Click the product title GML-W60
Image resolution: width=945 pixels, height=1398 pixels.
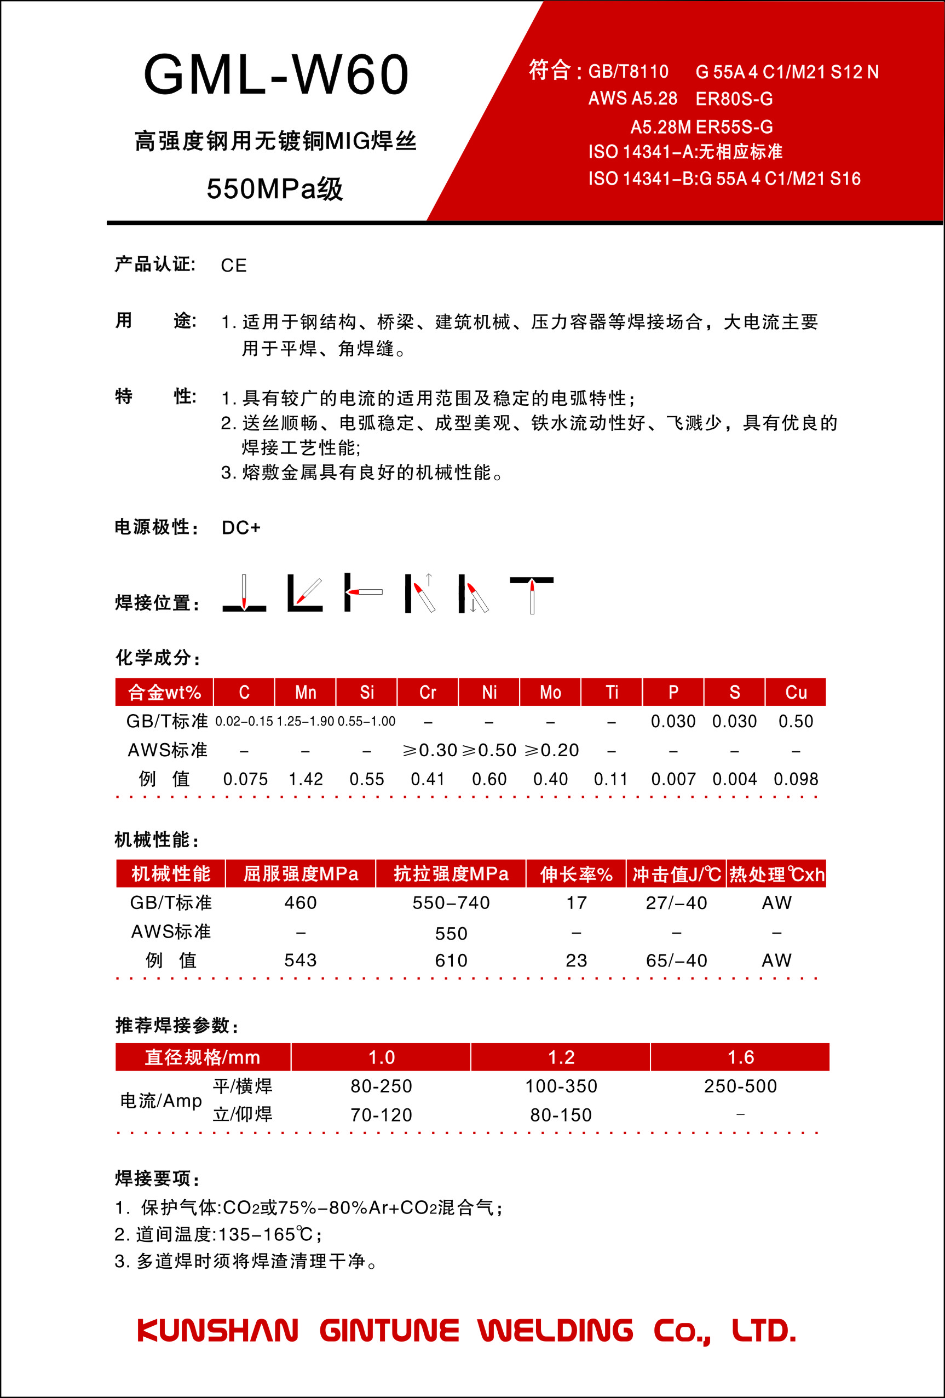[276, 74]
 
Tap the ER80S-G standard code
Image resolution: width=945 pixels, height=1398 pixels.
[734, 99]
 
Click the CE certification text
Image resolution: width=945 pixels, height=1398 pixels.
[233, 265]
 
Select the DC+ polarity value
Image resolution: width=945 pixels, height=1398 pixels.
[240, 527]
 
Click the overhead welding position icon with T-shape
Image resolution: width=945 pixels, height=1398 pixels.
[532, 594]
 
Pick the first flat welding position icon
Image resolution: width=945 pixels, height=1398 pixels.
[244, 594]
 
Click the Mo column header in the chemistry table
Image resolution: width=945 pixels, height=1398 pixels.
[550, 692]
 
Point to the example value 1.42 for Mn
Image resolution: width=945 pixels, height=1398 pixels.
[306, 780]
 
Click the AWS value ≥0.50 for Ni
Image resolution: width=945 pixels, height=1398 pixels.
[489, 750]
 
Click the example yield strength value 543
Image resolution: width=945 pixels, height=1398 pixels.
[300, 960]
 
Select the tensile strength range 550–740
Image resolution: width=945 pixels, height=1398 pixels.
[451, 902]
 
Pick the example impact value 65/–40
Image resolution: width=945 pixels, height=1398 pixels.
[676, 960]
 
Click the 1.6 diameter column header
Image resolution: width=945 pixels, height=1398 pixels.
[740, 1057]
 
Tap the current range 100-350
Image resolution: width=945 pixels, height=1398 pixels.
[561, 1086]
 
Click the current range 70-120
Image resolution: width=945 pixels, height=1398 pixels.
[382, 1115]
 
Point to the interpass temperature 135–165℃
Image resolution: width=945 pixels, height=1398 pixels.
[264, 1234]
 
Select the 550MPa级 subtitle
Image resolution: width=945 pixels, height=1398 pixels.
[274, 189]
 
